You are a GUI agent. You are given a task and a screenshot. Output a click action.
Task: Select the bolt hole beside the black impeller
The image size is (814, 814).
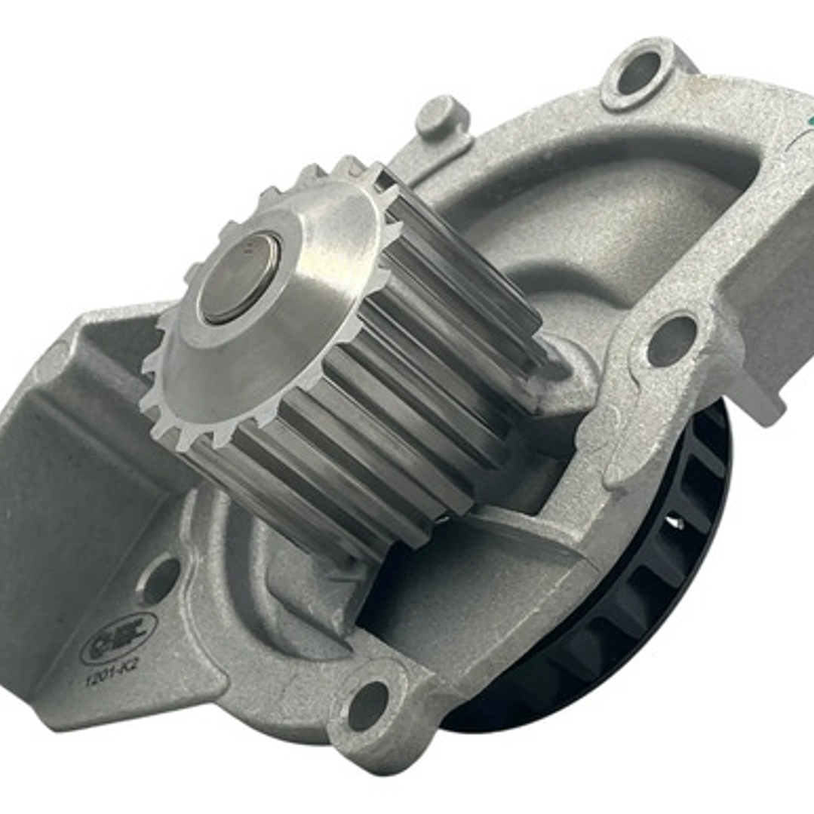[670, 339]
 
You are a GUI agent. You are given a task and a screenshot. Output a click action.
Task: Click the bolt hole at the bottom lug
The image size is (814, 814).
[367, 705]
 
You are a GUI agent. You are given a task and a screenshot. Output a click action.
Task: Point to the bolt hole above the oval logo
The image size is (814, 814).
[160, 580]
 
